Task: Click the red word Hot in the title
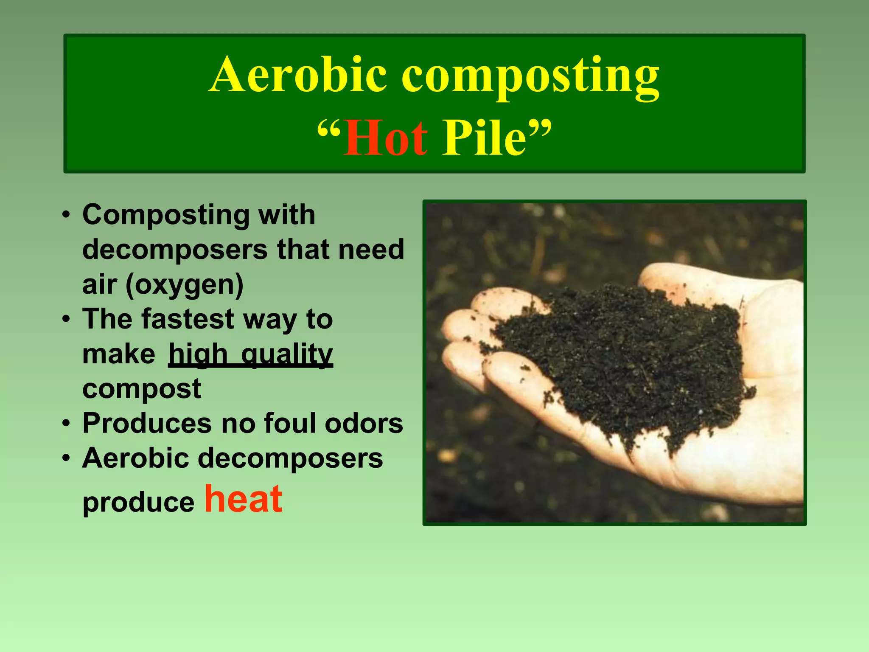coord(385,138)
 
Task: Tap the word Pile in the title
coord(484,138)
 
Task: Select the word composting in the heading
coord(530,76)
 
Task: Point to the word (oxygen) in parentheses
coord(184,285)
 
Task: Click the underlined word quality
coord(287,354)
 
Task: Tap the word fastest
coord(188,319)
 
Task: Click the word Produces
coord(147,423)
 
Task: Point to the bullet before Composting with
coord(66,215)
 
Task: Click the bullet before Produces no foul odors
coord(66,424)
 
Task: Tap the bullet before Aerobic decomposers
coord(66,458)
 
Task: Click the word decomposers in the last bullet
coord(290,458)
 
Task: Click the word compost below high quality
coord(141,389)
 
